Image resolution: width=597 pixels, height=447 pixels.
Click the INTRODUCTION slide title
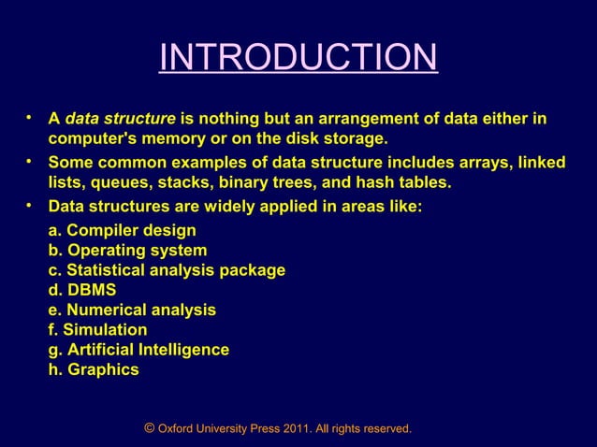(x=298, y=58)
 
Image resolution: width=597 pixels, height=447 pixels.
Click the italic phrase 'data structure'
(x=120, y=120)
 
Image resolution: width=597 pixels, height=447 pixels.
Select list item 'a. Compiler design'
(x=122, y=230)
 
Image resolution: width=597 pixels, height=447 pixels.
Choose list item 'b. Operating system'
(x=127, y=251)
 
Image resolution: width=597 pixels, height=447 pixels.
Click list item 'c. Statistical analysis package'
(x=167, y=270)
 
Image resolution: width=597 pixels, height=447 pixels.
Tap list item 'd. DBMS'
(x=82, y=290)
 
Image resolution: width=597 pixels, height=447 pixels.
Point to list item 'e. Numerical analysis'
(x=132, y=310)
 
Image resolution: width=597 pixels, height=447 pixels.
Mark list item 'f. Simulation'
(x=97, y=329)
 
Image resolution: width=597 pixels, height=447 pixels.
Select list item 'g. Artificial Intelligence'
(x=138, y=349)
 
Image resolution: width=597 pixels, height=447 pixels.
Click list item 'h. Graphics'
(x=94, y=369)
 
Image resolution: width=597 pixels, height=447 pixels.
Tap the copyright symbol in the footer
(x=150, y=428)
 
